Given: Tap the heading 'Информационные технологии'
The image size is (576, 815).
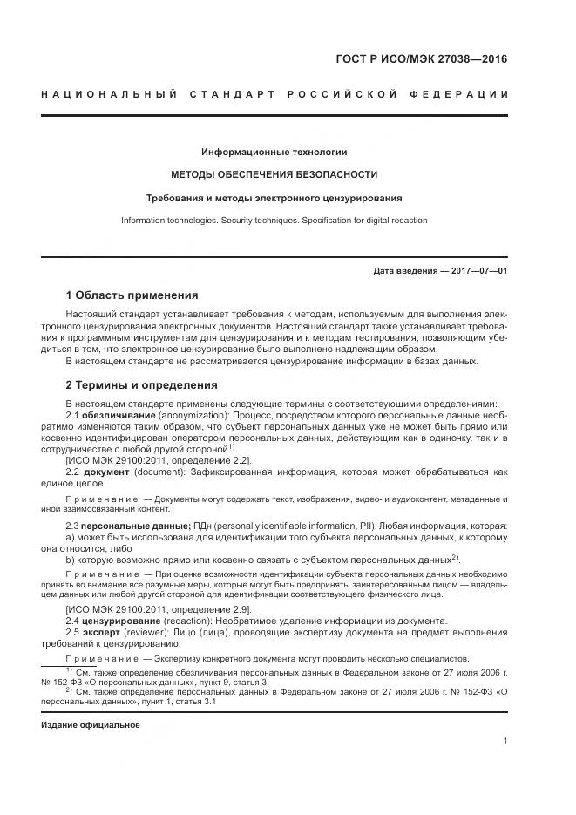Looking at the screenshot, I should tap(274, 152).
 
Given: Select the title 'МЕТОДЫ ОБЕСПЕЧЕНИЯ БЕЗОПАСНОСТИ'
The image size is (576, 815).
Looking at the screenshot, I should tap(274, 174).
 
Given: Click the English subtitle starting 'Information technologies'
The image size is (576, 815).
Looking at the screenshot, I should tap(274, 221).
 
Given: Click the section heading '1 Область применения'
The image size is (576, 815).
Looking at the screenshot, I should tap(132, 295).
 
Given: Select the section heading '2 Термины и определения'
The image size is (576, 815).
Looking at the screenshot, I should tap(142, 384).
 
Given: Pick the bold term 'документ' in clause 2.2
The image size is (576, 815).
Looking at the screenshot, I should tap(106, 472).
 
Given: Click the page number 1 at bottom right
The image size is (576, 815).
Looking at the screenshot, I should tap(505, 740).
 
